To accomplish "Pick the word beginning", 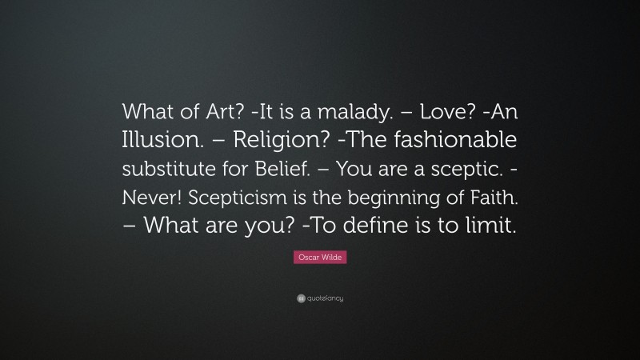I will [x=406, y=197].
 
